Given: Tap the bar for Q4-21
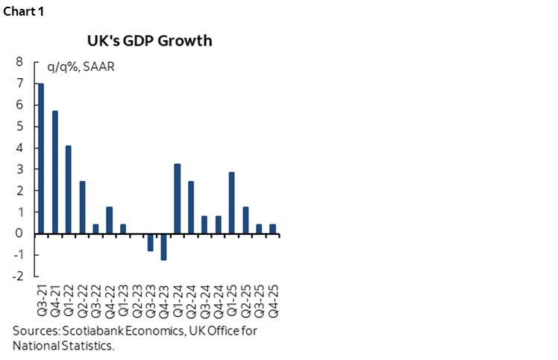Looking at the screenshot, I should [x=54, y=172].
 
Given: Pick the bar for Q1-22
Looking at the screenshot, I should [x=69, y=189].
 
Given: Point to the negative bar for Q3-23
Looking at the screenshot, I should [x=150, y=242].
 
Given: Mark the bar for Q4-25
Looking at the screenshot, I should [x=273, y=229].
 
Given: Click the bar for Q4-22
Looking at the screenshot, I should [x=110, y=220].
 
